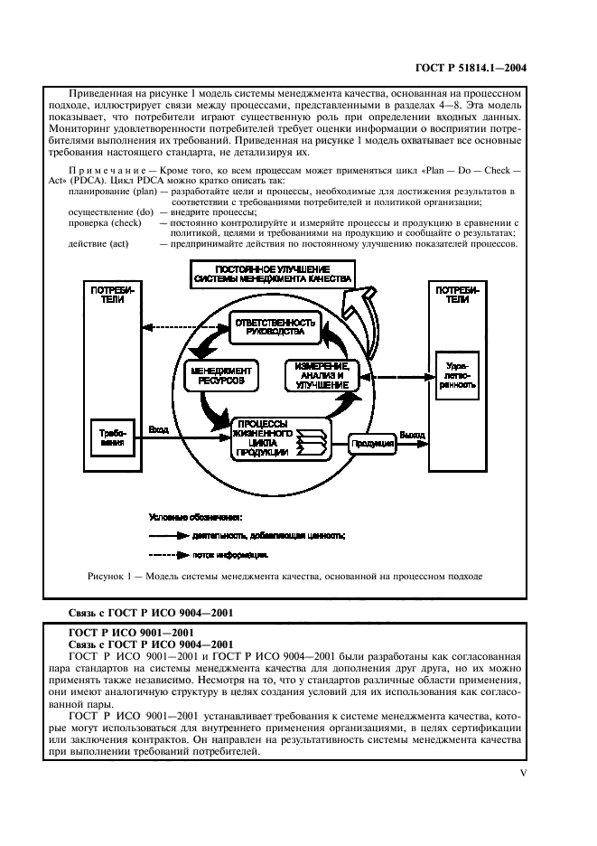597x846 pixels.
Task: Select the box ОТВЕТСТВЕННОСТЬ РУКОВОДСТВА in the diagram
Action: (x=275, y=328)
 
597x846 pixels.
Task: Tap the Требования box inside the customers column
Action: (x=110, y=439)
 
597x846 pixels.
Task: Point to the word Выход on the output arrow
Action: (x=412, y=435)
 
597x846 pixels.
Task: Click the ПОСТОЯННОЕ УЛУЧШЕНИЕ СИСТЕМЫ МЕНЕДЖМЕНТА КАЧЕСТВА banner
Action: (x=272, y=275)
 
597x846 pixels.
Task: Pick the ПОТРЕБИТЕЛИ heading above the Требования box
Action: (x=111, y=295)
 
